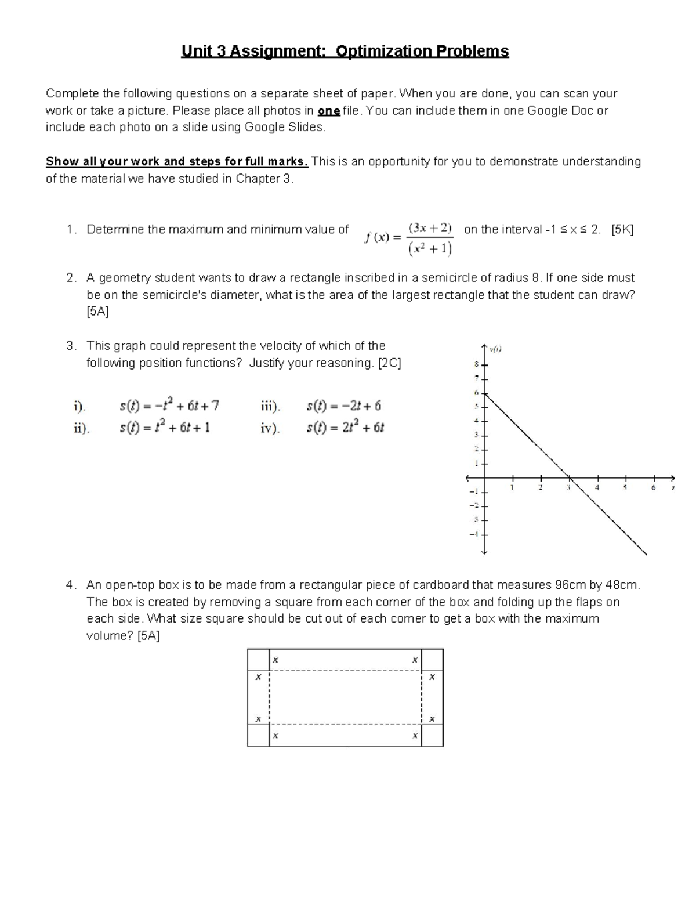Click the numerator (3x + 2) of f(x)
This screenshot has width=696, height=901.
[430, 228]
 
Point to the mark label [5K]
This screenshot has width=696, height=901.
[623, 230]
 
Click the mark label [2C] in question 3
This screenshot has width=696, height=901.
[389, 363]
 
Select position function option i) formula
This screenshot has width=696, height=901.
[169, 406]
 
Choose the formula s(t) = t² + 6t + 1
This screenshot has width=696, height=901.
[165, 428]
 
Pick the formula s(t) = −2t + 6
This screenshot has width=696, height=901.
[343, 406]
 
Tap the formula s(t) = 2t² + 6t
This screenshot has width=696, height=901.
[345, 428]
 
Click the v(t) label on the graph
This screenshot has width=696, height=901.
[495, 349]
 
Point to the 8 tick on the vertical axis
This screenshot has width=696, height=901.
[477, 365]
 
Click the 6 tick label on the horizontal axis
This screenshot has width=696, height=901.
[653, 488]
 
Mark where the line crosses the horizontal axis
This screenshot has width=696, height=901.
[569, 478]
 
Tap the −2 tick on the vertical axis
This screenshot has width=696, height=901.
[475, 505]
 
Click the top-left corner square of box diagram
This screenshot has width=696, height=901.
[258, 660]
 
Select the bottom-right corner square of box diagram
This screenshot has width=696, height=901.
[432, 735]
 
